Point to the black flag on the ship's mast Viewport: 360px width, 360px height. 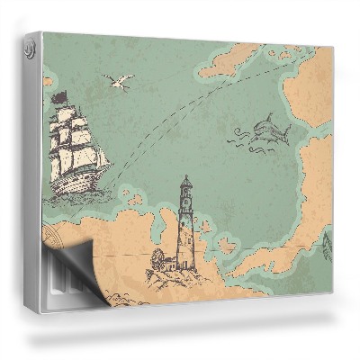pyautogui.click(x=59, y=96)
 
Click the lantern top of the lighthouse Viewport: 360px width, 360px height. pyautogui.click(x=184, y=185)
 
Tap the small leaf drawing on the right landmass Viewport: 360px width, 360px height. pyautogui.click(x=326, y=241)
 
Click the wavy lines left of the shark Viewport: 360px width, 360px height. pyautogui.click(x=238, y=136)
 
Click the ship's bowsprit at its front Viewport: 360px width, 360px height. pyautogui.click(x=107, y=165)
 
